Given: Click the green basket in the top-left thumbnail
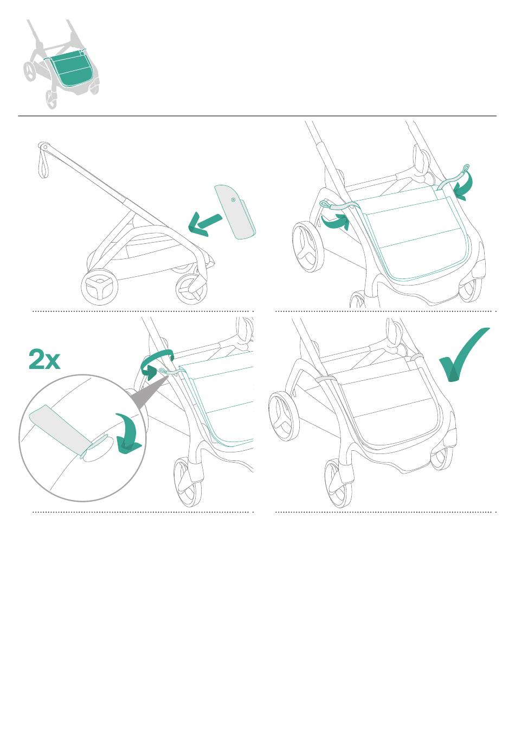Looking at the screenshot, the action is click(x=70, y=68).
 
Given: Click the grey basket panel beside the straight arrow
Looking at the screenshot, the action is click(x=235, y=212).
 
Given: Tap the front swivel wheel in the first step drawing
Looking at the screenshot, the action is click(x=192, y=288).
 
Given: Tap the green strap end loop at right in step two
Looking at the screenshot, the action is click(x=466, y=168).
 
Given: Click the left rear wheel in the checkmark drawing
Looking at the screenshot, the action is click(x=284, y=416).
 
